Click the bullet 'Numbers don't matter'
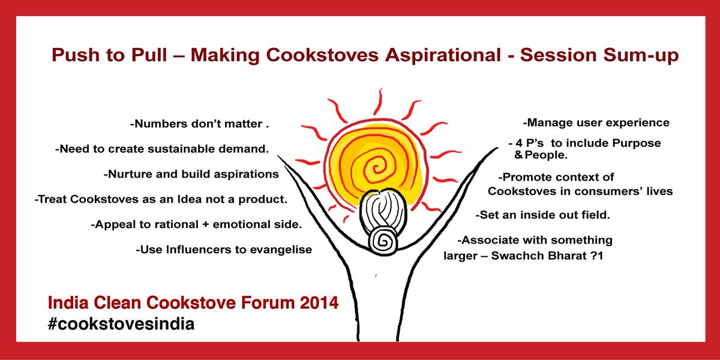click(199, 126)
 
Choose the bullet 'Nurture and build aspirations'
click(191, 175)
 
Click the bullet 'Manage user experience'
click(596, 123)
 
